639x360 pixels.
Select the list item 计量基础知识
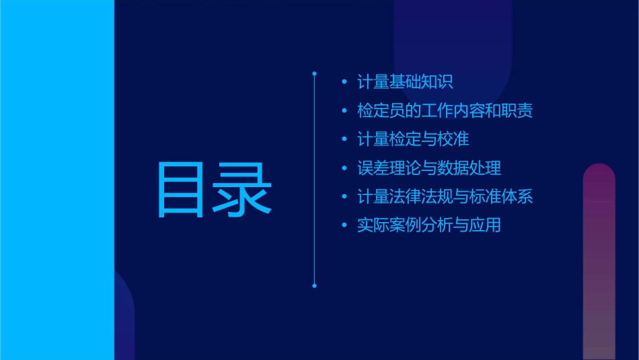[x=405, y=82]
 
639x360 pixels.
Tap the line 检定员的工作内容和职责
[x=445, y=111]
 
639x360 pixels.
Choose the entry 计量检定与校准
[x=413, y=139]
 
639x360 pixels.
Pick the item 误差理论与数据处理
[x=429, y=168]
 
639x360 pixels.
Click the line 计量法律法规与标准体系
[x=445, y=197]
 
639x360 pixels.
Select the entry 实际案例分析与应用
[x=429, y=225]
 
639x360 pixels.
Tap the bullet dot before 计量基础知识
[x=344, y=83]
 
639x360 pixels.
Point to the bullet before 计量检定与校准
[x=344, y=140]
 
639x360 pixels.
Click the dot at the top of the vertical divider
[x=314, y=72]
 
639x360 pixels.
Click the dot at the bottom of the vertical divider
[x=314, y=286]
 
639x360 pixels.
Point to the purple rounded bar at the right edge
[x=599, y=262]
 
